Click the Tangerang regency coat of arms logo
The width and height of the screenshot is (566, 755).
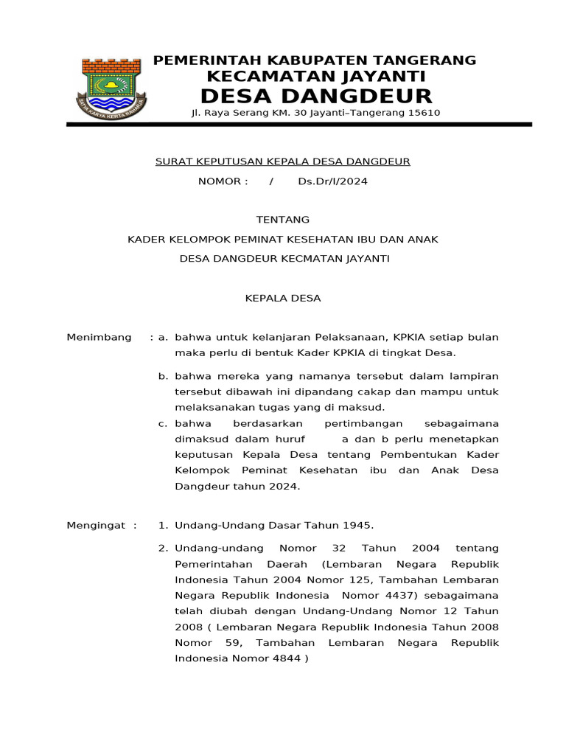click(x=112, y=88)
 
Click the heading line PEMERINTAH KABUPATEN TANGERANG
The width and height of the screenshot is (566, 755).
click(x=315, y=60)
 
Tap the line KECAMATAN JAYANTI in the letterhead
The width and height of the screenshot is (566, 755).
click(x=315, y=77)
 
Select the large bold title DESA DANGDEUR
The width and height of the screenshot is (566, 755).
click(x=316, y=97)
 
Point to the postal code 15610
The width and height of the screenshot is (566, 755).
click(x=424, y=114)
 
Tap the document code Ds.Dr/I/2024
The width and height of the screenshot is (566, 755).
click(x=332, y=182)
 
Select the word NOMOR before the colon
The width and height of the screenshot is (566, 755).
click(x=219, y=182)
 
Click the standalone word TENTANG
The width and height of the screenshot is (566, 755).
click(x=282, y=220)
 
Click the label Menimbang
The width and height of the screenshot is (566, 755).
click(x=99, y=338)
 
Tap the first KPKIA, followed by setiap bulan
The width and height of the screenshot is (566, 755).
click(x=416, y=338)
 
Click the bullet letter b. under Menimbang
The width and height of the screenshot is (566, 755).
click(x=163, y=377)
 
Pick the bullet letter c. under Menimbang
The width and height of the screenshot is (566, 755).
click(x=163, y=423)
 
